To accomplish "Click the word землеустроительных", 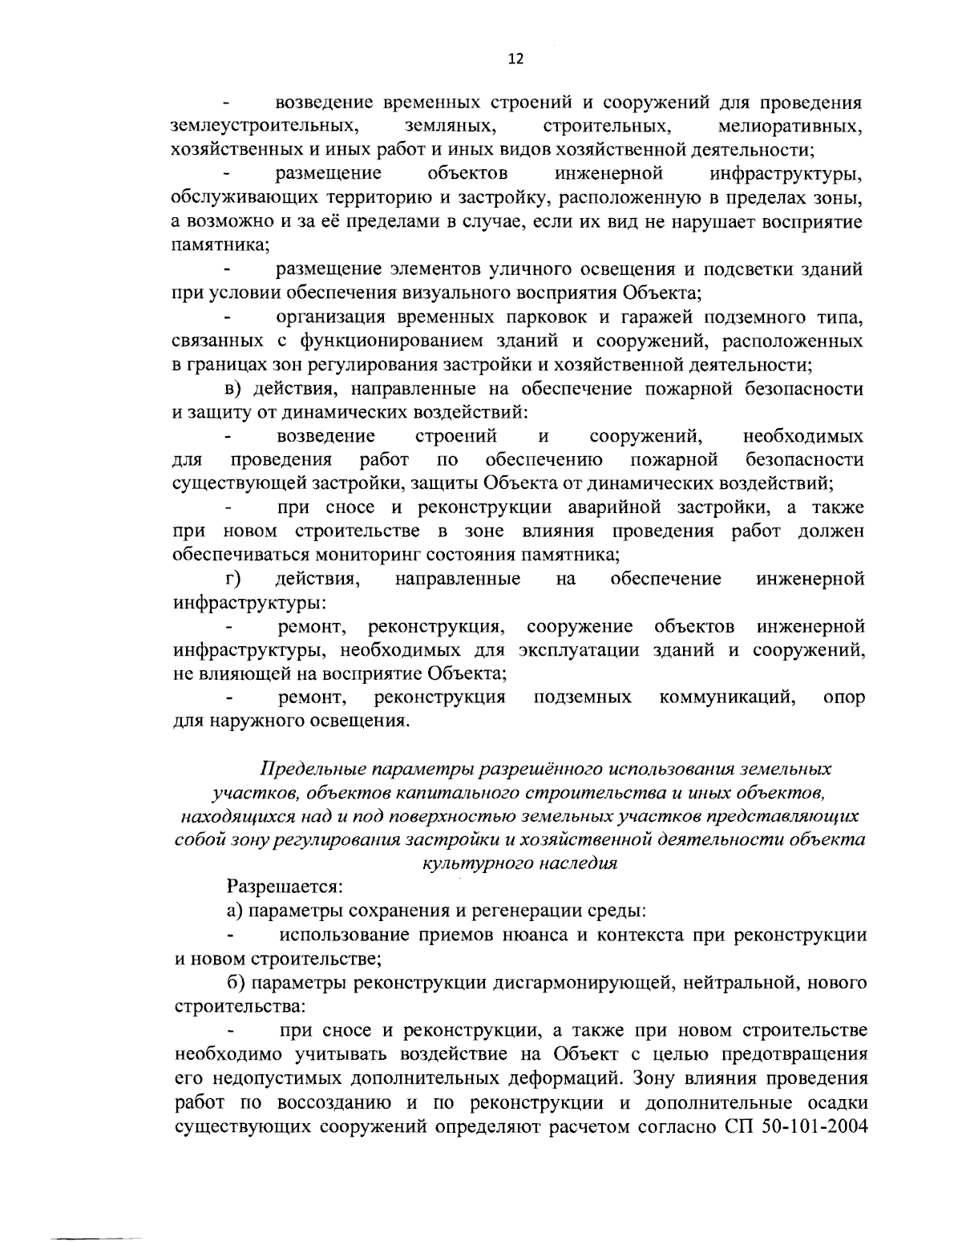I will [264, 127].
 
